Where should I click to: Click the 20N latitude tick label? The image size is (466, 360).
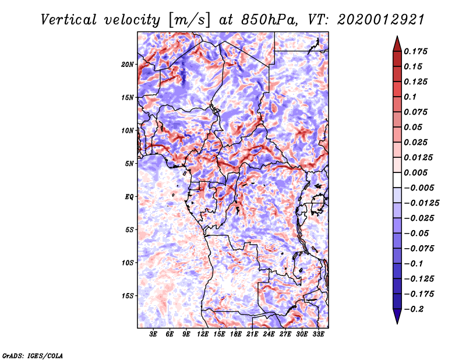pos(128,64)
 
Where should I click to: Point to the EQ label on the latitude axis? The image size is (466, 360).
pos(129,197)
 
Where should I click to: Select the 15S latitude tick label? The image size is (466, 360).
pos(128,296)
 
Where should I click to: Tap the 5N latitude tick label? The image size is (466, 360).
pos(129,164)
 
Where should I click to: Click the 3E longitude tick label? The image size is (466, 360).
pos(154,335)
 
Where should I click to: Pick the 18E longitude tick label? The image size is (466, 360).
pos(236,335)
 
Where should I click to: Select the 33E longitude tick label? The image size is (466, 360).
pos(318,335)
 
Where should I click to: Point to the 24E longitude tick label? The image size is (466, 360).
pos(269,335)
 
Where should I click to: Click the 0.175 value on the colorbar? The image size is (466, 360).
pos(417,51)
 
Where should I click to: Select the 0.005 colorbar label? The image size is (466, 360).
pos(417,172)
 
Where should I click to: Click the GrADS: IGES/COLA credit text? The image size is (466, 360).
pos(32,355)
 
